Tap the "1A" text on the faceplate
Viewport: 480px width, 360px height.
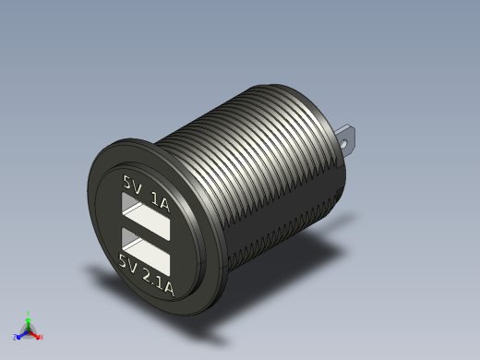pyautogui.click(x=160, y=204)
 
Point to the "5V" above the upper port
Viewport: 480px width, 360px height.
pyautogui.click(x=132, y=188)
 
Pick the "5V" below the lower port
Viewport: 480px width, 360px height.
pyautogui.click(x=129, y=265)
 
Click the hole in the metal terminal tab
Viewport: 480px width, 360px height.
pyautogui.click(x=347, y=141)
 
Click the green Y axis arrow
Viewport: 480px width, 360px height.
pyautogui.click(x=29, y=320)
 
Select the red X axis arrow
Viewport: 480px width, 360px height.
pyautogui.click(x=35, y=334)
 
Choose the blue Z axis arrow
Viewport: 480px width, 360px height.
pyautogui.click(x=21, y=334)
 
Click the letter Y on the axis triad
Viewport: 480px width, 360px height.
pyautogui.click(x=29, y=314)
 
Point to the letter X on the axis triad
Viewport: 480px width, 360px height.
pyautogui.click(x=42, y=337)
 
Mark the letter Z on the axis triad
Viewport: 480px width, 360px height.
pyautogui.click(x=15, y=337)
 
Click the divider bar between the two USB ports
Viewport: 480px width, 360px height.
pyautogui.click(x=146, y=235)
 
